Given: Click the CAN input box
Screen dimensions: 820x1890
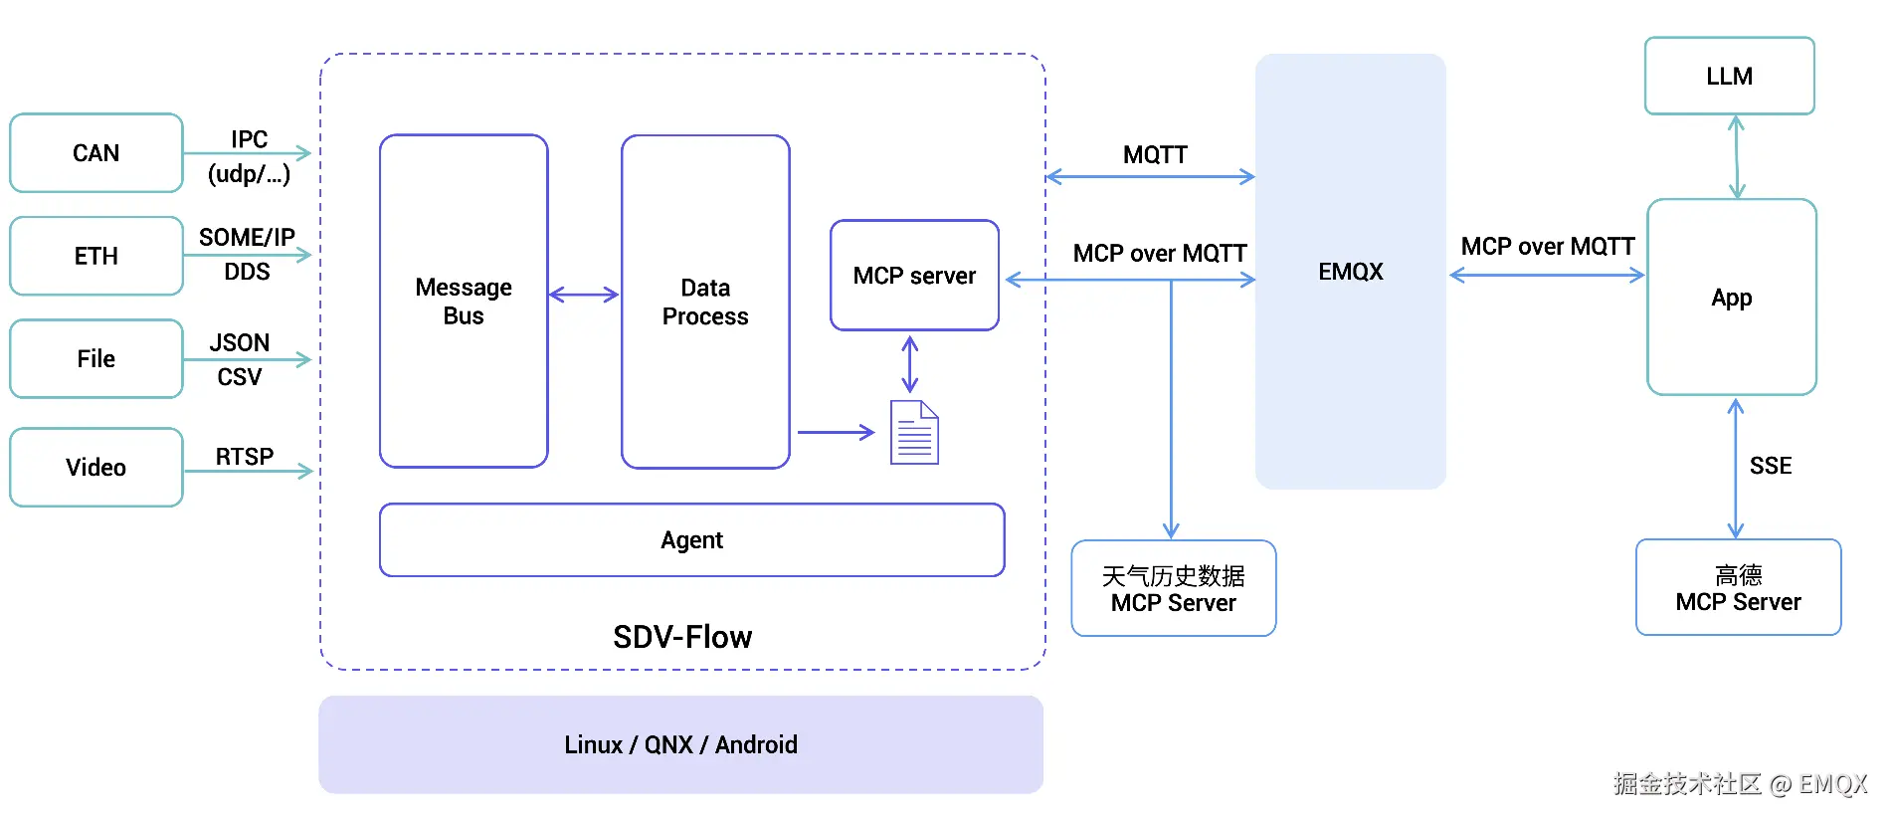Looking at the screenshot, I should [x=95, y=153].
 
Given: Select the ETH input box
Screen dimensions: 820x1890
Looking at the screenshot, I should [x=95, y=256].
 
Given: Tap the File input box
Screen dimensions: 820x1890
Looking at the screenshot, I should [x=95, y=359].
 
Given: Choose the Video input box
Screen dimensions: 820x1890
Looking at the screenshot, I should [x=95, y=468].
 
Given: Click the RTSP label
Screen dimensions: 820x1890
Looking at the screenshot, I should [x=244, y=456].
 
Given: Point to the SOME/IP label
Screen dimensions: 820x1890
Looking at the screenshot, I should [x=247, y=237].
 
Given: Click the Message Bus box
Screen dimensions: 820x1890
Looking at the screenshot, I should [x=464, y=302].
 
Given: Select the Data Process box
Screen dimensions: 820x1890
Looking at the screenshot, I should [x=705, y=302].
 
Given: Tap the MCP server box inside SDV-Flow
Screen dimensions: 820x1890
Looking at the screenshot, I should [x=914, y=276].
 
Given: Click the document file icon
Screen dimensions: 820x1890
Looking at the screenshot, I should [x=913, y=432].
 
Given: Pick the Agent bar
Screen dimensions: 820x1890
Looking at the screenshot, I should [x=691, y=540].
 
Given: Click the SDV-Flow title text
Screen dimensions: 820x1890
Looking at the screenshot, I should [x=682, y=637].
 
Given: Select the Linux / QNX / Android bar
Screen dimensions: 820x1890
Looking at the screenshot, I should [x=680, y=744].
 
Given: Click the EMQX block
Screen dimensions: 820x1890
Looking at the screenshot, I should [x=1350, y=272].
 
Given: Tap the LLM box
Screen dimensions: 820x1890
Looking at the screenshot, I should [x=1729, y=77].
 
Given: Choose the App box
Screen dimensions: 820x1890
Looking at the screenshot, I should [x=1731, y=298].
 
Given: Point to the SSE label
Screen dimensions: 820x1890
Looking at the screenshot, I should [x=1770, y=466].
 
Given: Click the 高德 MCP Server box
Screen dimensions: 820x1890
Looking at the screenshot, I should [x=1738, y=588].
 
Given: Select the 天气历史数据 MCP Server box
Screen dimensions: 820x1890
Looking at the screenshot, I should [x=1173, y=589].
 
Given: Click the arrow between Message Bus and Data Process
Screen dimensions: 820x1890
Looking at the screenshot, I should [x=584, y=295].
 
